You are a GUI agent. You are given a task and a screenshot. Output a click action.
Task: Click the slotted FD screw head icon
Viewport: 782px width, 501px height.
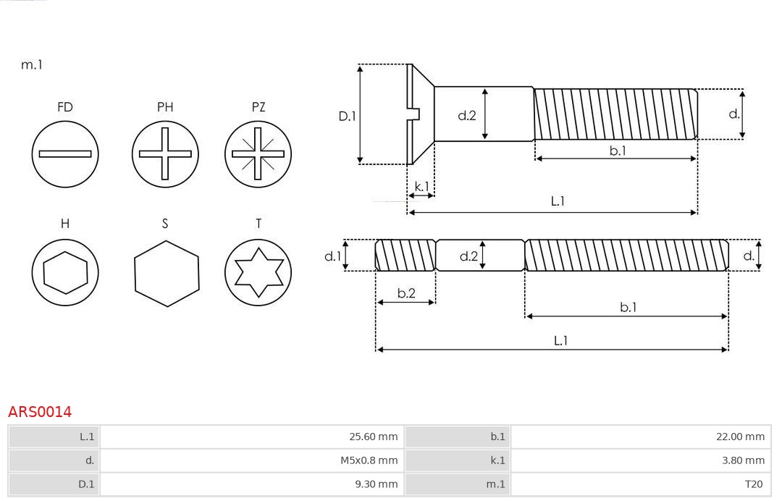click(65, 153)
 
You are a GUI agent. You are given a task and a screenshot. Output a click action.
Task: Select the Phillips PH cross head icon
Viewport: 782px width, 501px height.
click(165, 153)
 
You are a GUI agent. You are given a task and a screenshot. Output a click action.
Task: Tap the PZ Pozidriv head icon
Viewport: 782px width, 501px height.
click(258, 153)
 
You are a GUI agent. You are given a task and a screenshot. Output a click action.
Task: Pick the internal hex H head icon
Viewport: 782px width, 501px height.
click(65, 272)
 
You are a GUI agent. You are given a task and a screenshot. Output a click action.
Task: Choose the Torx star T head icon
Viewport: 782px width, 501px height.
click(258, 272)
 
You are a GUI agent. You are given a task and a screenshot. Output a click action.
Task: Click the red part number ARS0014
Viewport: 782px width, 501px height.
click(40, 412)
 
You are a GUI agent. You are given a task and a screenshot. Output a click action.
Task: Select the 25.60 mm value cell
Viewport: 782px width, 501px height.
click(251, 437)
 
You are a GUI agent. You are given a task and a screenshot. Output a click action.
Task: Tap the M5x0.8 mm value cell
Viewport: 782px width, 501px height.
click(251, 460)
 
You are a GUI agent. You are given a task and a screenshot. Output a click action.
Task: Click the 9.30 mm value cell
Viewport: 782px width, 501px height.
click(251, 484)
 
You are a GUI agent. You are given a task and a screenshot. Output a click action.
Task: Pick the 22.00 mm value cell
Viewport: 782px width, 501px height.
click(639, 437)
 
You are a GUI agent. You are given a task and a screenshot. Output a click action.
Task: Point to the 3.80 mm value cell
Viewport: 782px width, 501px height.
click(639, 460)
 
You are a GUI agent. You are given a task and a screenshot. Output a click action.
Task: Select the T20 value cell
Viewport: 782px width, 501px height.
click(639, 484)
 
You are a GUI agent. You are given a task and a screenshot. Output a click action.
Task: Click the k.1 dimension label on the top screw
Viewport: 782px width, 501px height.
click(421, 186)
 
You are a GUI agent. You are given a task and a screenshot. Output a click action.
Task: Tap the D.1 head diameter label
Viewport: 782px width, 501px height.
click(348, 115)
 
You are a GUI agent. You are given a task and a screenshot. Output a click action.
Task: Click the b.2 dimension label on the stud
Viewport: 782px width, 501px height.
click(406, 293)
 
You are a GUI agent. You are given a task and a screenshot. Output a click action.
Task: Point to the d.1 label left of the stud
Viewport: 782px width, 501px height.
click(332, 256)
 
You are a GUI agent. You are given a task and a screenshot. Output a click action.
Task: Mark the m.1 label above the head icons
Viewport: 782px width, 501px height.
click(32, 64)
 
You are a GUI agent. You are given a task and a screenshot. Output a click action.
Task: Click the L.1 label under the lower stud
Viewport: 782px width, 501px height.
click(560, 340)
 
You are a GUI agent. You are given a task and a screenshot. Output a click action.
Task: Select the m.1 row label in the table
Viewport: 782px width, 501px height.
click(495, 484)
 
